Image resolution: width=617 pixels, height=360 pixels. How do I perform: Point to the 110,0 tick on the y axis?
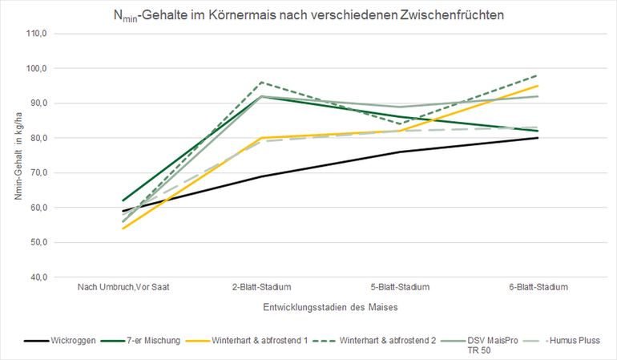click(x=38, y=34)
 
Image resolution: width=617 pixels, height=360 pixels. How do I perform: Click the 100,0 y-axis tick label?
click(x=38, y=68)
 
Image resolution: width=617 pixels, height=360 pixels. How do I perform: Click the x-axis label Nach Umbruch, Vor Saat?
click(x=123, y=287)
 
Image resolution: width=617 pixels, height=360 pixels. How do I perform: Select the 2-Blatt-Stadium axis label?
click(x=261, y=287)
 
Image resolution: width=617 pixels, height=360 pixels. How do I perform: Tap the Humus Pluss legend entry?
click(x=578, y=341)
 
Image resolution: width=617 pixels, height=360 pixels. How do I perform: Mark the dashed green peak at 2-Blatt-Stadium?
click(x=261, y=82)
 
